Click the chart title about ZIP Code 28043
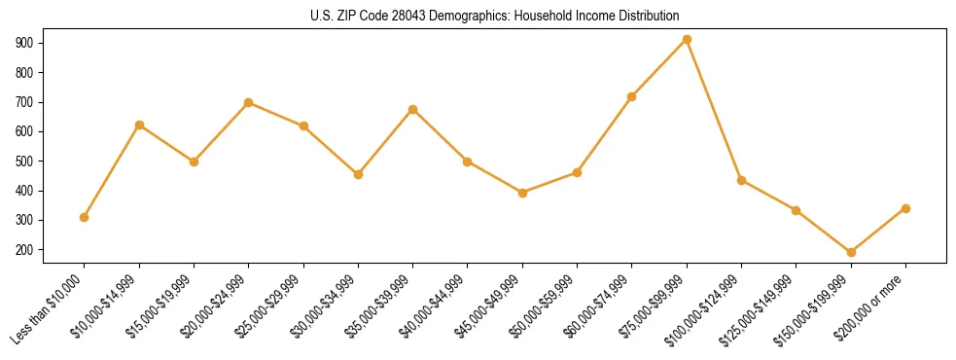pyautogui.click(x=478, y=16)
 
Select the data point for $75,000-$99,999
pyautogui.click(x=687, y=40)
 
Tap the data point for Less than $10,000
pyautogui.click(x=85, y=217)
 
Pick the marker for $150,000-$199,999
pyautogui.click(x=851, y=252)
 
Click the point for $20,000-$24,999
pyautogui.click(x=249, y=102)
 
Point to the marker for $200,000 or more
pyautogui.click(x=905, y=208)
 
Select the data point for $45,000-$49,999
pyautogui.click(x=522, y=193)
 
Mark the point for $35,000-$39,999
pyautogui.click(x=413, y=109)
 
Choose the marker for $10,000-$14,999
pyautogui.click(x=139, y=125)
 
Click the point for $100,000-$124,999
pyautogui.click(x=741, y=180)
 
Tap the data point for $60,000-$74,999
pyautogui.click(x=632, y=96)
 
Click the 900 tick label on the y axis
pyautogui.click(x=26, y=43)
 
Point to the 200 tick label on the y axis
pyautogui.click(x=26, y=250)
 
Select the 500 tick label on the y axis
pyautogui.click(x=26, y=162)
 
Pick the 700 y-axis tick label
pyautogui.click(x=26, y=102)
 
